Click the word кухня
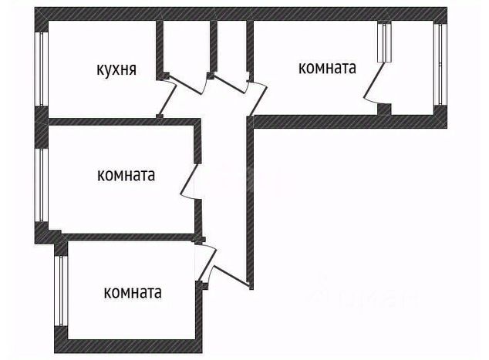pos(116,69)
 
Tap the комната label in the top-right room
pos(327,68)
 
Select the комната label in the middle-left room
pos(126,175)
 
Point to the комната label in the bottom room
pos(133,293)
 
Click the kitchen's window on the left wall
pos(42,69)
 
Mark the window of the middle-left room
pos(41,185)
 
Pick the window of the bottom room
pos(61,291)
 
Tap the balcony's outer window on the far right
pos(440,64)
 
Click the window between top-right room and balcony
pos(384,42)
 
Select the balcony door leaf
pos(373,80)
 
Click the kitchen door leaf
pos(167,99)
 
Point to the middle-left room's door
pos(189,179)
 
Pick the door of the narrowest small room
pos(231,84)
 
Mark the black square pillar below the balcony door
pos(384,109)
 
